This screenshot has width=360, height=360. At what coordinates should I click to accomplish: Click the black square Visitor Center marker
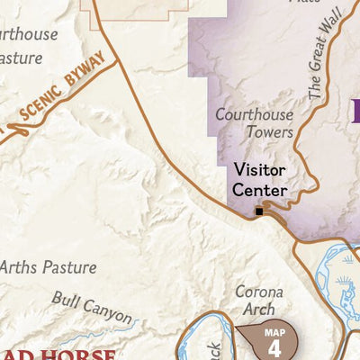point(259,211)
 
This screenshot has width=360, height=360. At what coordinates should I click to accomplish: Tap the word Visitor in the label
point(260,169)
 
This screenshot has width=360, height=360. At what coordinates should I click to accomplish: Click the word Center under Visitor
point(260,190)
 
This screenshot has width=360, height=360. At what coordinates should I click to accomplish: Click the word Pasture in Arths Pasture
point(70,267)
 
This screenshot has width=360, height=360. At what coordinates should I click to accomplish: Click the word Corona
point(259,292)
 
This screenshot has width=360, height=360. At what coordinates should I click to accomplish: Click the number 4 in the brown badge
point(275,347)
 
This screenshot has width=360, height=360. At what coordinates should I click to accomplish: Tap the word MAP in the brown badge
point(275,332)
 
